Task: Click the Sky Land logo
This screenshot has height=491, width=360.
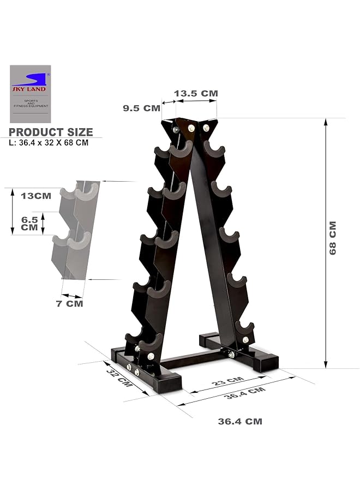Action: click(30, 94)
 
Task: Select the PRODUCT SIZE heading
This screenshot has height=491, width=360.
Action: click(51, 132)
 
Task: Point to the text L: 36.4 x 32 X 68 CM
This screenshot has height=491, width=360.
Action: click(49, 143)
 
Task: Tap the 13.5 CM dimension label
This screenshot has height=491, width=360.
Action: click(196, 93)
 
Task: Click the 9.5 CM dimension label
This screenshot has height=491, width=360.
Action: click(141, 108)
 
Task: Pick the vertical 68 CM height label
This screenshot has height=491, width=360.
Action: click(333, 237)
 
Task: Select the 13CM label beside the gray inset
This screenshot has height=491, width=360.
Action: click(35, 195)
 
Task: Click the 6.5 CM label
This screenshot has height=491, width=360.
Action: click(29, 223)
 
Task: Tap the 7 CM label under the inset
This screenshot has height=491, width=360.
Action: click(70, 303)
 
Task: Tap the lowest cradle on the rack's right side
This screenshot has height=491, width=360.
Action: click(245, 329)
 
